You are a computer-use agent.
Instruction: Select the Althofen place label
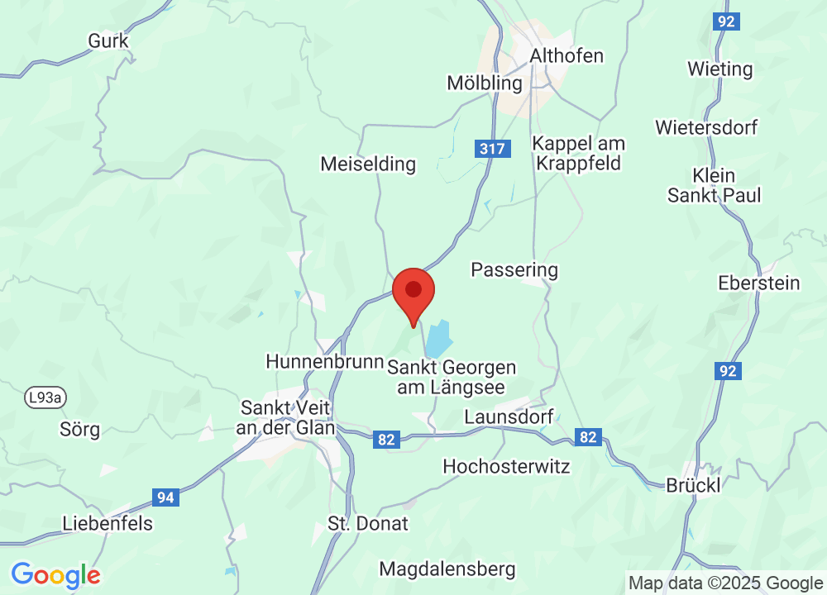point(566,56)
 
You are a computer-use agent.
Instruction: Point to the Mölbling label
point(485,83)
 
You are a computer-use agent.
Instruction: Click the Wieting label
point(719,69)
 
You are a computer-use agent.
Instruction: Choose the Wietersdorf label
point(706,127)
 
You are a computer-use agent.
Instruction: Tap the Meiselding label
point(368,164)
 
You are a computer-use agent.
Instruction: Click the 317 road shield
point(493,149)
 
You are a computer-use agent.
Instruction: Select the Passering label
point(514,269)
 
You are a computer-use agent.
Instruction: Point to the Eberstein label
point(759,283)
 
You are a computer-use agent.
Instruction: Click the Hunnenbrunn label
point(325,362)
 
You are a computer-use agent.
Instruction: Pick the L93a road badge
point(45,398)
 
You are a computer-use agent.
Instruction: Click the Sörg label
point(80,430)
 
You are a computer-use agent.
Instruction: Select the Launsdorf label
point(509,416)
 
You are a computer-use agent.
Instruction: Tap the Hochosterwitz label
point(506,466)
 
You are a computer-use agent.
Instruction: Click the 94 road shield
point(165,497)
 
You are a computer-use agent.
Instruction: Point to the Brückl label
point(693,485)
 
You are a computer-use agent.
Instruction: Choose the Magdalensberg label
point(447,569)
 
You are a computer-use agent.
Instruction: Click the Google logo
point(55,574)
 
